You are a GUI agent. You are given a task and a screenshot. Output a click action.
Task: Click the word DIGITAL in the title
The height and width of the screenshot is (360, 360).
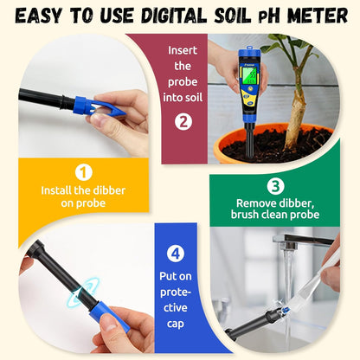point(168,16)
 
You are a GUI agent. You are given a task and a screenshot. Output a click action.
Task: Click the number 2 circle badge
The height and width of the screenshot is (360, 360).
point(183,121)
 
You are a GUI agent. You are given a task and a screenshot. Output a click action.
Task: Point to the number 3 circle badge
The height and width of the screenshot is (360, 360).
point(273,184)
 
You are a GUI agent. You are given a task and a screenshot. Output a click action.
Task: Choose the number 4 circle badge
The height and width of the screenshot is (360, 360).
point(177,254)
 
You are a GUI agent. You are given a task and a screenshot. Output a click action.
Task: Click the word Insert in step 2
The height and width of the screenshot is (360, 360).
point(183,50)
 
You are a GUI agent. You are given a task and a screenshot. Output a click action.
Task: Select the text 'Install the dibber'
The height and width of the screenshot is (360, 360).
point(84,190)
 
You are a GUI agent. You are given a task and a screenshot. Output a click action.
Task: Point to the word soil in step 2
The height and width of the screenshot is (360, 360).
point(183,97)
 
